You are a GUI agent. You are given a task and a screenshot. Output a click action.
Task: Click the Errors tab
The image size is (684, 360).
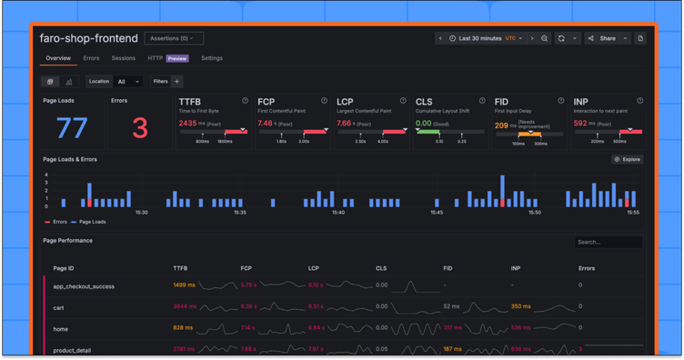(x=91, y=58)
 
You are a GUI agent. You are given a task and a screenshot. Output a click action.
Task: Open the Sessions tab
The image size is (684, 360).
(x=124, y=58)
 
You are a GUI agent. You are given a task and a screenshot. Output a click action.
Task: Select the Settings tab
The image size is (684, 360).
(x=211, y=58)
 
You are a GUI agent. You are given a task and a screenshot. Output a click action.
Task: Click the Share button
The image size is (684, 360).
(x=602, y=38)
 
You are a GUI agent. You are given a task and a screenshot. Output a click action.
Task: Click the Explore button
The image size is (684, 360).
(x=629, y=159)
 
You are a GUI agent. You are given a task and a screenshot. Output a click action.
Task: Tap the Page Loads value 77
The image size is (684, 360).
(x=73, y=127)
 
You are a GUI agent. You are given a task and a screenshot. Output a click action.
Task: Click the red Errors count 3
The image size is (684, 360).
(x=139, y=127)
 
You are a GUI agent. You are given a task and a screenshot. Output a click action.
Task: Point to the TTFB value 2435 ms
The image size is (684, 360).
(x=193, y=122)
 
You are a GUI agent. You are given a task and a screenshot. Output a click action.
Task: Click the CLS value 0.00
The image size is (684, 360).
(x=424, y=122)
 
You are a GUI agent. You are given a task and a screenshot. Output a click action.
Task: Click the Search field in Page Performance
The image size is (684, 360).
(x=608, y=242)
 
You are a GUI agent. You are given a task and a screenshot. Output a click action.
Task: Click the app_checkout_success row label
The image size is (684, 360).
(x=84, y=286)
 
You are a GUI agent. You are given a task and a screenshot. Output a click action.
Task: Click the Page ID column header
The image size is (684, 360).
(x=64, y=268)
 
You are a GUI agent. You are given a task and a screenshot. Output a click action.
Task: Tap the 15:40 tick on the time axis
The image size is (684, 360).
(x=338, y=212)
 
